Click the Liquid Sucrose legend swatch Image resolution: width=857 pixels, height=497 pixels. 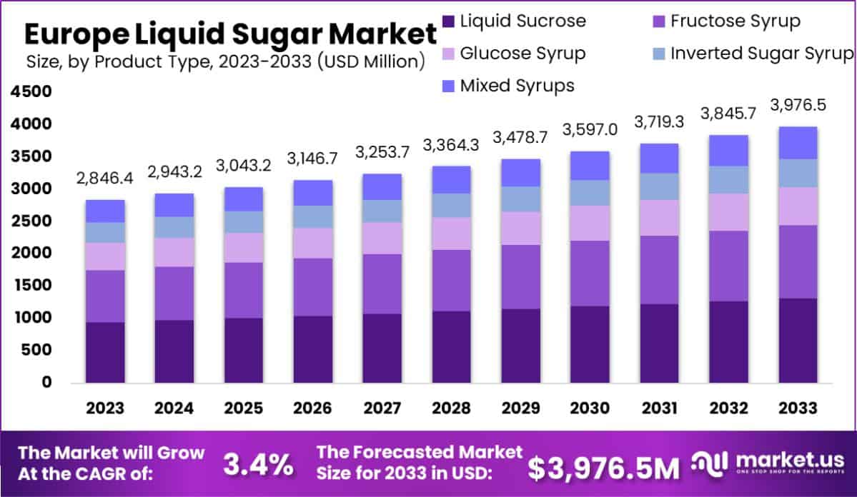coord(448,21)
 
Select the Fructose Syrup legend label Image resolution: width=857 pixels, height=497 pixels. coord(735,21)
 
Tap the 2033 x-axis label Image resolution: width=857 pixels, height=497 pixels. coord(798,408)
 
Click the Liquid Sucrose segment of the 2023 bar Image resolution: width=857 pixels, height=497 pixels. coord(106,352)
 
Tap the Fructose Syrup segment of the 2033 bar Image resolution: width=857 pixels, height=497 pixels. coord(798,262)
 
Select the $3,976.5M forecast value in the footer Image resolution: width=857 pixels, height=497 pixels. coord(603,468)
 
